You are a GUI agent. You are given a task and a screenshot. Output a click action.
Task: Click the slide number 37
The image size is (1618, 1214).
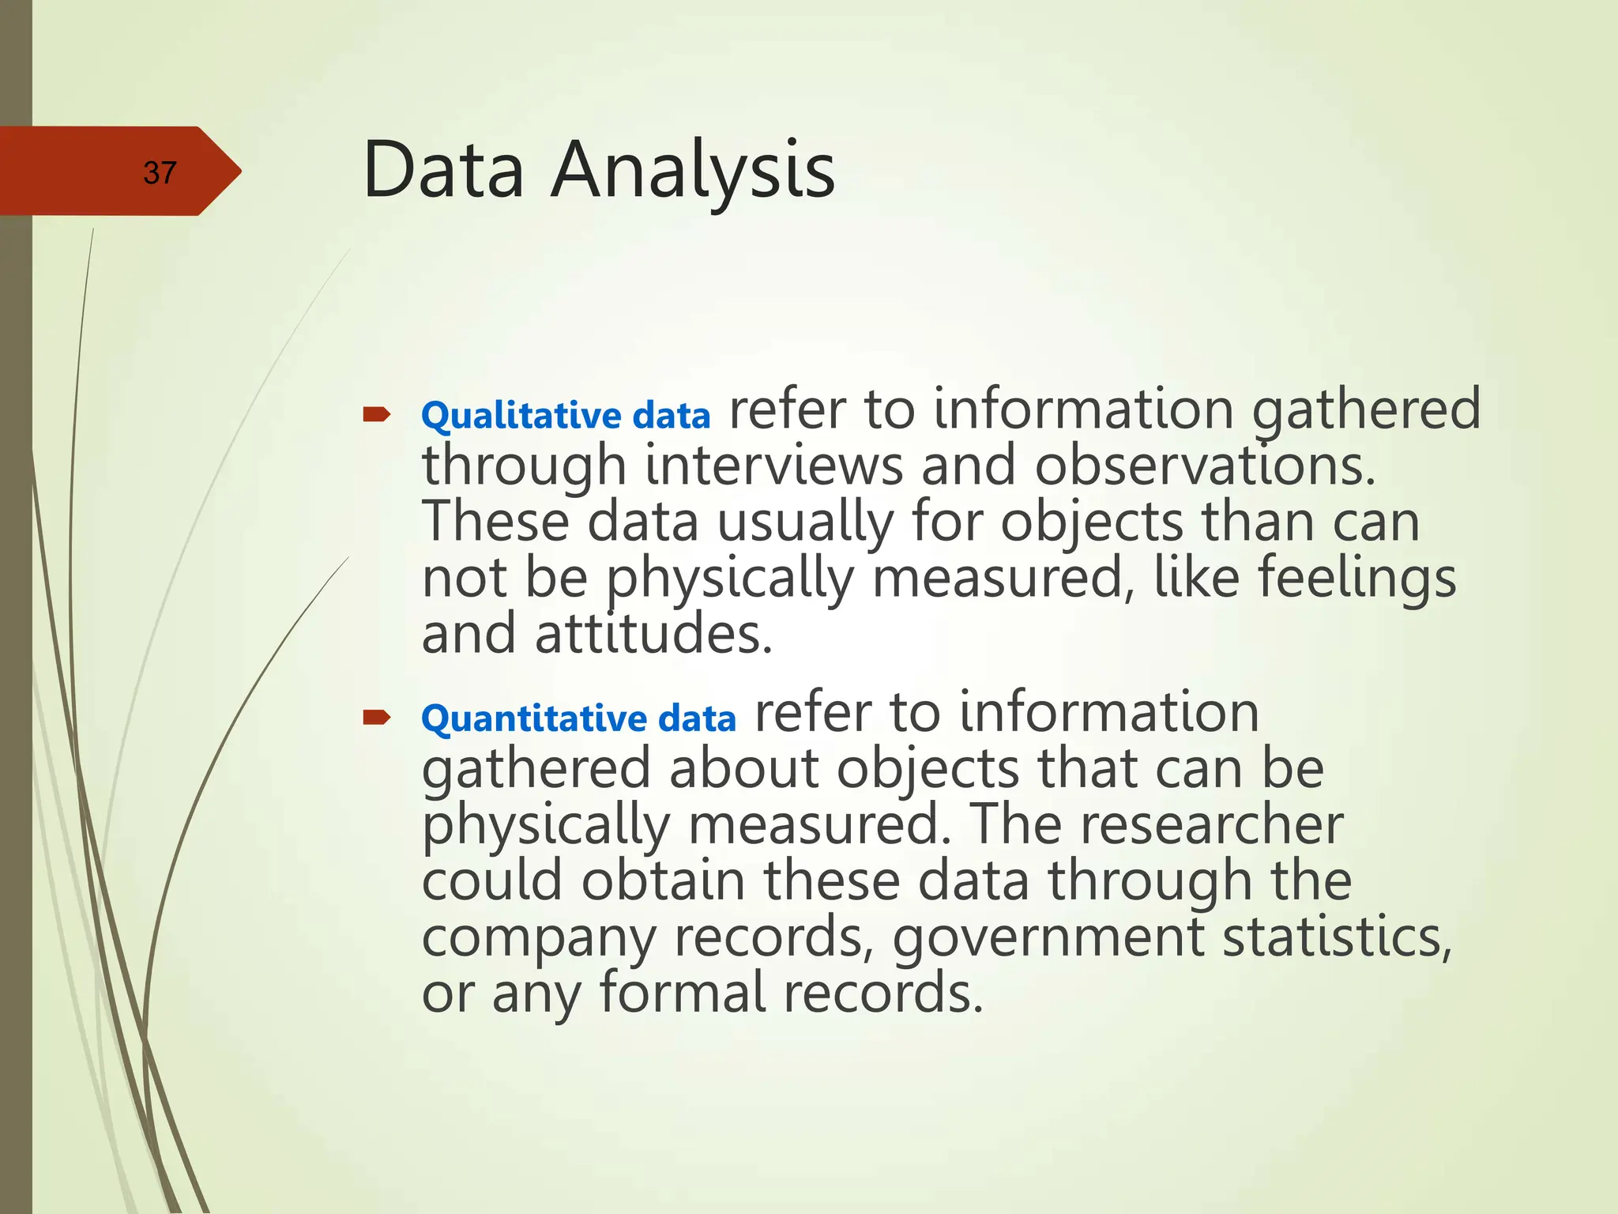tap(160, 172)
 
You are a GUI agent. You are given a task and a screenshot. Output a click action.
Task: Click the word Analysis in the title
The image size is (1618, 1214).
tap(693, 170)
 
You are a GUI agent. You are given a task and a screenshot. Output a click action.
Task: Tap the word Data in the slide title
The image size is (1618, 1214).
tap(443, 170)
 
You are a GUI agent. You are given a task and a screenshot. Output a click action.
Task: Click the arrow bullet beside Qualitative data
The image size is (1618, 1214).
tap(377, 414)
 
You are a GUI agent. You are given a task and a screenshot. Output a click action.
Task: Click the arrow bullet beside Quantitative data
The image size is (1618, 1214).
tap(377, 717)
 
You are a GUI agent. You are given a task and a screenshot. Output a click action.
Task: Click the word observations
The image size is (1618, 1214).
tap(1205, 466)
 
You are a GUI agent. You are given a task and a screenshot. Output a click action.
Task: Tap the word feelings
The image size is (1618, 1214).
tap(1356, 579)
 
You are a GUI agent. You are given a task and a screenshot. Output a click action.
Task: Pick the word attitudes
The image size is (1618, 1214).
tap(653, 635)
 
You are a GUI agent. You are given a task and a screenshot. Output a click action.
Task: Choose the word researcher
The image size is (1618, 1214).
tap(1211, 824)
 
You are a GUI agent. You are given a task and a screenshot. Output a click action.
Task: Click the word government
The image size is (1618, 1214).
tap(1048, 937)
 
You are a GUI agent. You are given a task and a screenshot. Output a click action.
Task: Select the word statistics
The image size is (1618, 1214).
tap(1337, 937)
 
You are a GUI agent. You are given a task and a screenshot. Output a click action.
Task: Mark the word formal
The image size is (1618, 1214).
tap(682, 993)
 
